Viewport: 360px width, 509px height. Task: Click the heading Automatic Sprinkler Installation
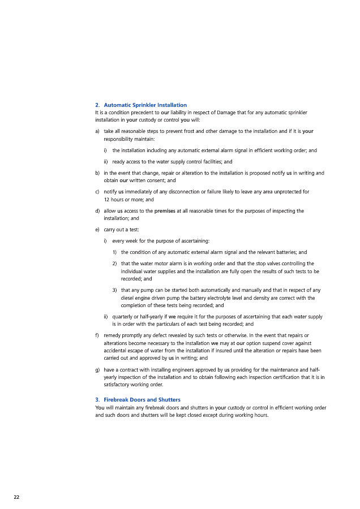[145, 105]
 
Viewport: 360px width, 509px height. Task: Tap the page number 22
[16, 496]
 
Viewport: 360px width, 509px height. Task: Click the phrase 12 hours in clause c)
[115, 200]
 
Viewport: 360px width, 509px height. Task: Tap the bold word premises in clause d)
[165, 211]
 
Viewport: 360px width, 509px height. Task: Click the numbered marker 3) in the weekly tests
[114, 290]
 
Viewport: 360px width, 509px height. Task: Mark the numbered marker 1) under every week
[114, 252]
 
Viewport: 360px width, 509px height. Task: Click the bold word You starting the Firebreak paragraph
[100, 407]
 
